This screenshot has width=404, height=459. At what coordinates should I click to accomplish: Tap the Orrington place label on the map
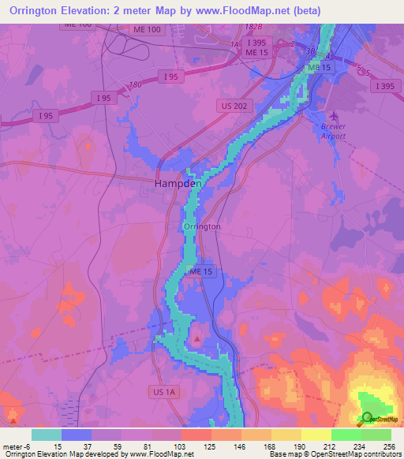[201, 226]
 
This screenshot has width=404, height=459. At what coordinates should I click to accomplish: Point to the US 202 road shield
[232, 104]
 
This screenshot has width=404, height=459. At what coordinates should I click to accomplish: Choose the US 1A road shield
[164, 390]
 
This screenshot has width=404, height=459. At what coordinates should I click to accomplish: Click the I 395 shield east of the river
[385, 86]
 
